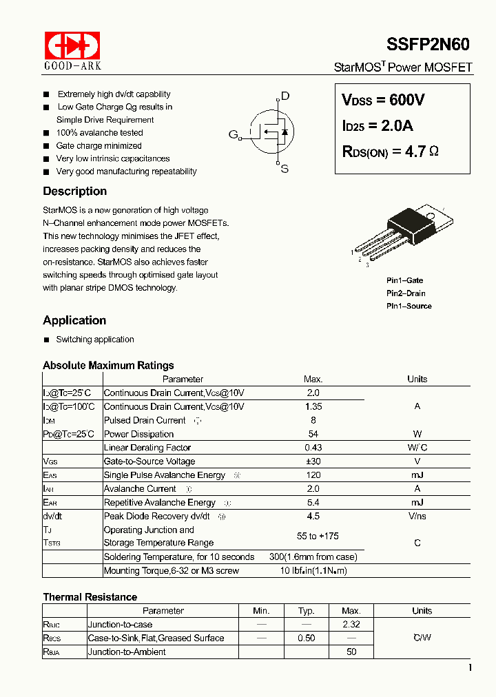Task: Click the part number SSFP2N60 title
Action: coord(427,45)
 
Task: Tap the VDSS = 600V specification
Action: coord(383,100)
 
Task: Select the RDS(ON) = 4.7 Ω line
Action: coord(390,152)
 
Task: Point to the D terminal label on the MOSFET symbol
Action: coord(285,96)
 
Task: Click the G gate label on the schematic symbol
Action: coord(233,134)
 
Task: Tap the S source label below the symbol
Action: coord(285,169)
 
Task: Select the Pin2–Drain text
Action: coord(406,293)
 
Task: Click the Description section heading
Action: coord(74,191)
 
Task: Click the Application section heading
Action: coord(74,320)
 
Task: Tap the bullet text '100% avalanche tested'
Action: coord(99,133)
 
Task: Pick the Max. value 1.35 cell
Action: coord(313,406)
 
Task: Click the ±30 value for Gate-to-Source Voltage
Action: coord(313,461)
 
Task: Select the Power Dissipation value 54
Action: coord(313,434)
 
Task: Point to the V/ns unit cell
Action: coord(417,516)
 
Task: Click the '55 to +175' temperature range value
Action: coord(317,536)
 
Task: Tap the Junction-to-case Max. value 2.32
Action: coord(351,624)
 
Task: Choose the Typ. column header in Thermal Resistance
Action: coord(306,611)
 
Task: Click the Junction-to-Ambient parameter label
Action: coord(127,652)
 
